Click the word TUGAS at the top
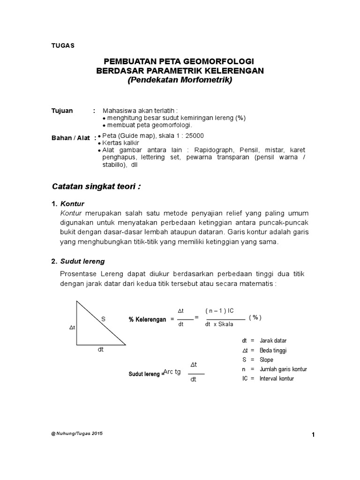[x=62, y=45]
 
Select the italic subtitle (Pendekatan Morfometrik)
[x=180, y=80]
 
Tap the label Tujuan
[x=62, y=111]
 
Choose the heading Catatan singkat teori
[x=96, y=187]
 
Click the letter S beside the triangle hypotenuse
[x=103, y=319]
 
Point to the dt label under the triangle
[x=100, y=349]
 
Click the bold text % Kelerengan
[x=148, y=319]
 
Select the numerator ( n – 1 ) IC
[x=219, y=311]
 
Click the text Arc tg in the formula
[x=172, y=372]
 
